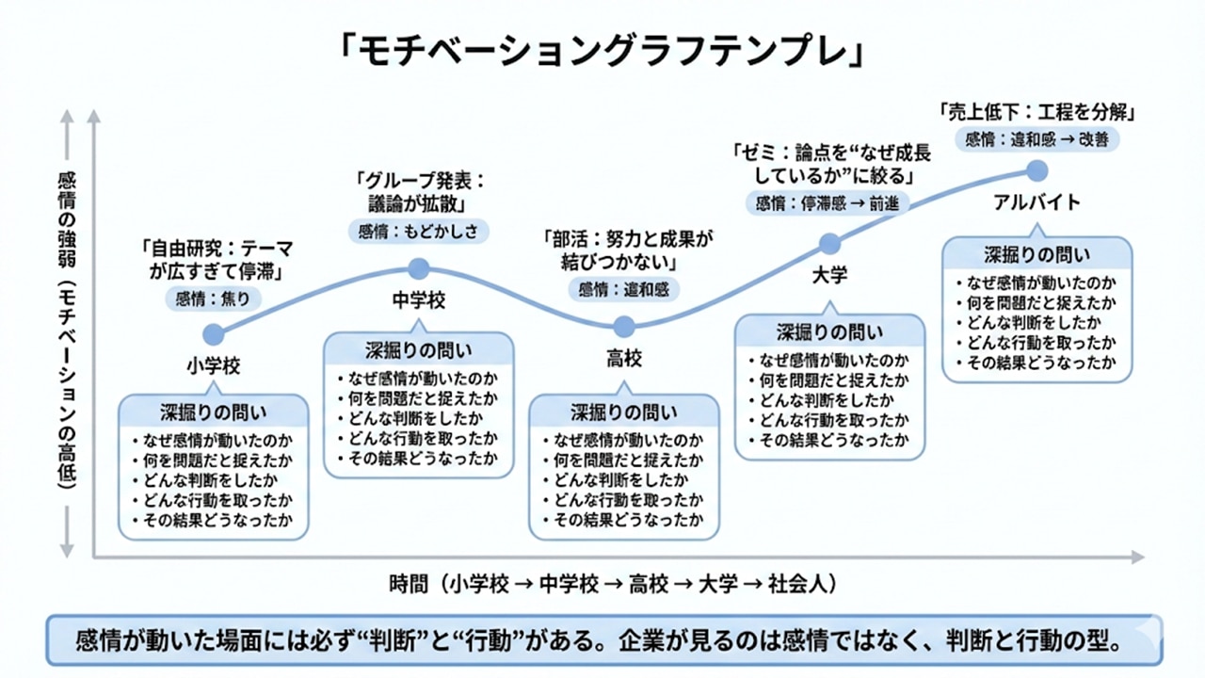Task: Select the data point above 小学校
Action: tap(214, 334)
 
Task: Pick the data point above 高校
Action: tap(623, 327)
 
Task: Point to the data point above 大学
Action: tap(829, 244)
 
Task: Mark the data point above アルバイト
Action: tap(1036, 170)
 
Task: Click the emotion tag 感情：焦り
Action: tap(213, 299)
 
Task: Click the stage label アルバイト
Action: tap(1036, 202)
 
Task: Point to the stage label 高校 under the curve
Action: tap(623, 359)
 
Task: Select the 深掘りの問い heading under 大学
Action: tap(829, 331)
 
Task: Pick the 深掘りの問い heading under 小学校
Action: tap(214, 412)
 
